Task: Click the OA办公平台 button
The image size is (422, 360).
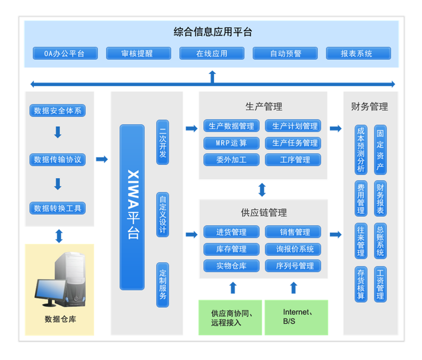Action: tap(65, 53)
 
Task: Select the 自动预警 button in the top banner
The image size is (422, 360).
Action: tap(285, 53)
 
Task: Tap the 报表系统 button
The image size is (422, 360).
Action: tap(358, 53)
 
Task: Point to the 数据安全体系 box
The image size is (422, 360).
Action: tap(58, 110)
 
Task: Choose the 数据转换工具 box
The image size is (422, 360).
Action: tap(58, 208)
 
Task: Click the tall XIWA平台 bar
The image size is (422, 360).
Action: tap(132, 207)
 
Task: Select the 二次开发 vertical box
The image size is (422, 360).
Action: tap(163, 142)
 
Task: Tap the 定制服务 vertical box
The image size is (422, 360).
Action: tap(163, 285)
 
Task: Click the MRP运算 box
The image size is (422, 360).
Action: tap(231, 143)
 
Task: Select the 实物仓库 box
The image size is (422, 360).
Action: tap(231, 265)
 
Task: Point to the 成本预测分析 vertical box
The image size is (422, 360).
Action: tap(361, 150)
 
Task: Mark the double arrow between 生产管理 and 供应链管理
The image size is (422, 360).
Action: tap(262, 189)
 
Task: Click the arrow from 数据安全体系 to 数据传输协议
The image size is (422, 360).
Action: tap(58, 133)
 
